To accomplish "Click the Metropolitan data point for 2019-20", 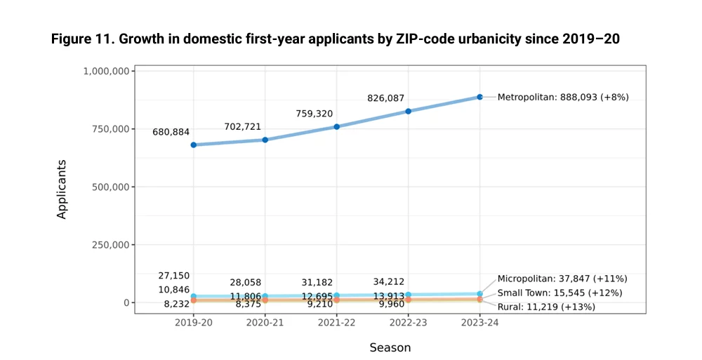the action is [194, 145].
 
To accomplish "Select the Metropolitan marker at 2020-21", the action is [265, 140].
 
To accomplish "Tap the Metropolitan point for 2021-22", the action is [337, 127].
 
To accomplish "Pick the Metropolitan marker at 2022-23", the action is [409, 111].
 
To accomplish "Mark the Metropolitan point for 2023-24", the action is [479, 97].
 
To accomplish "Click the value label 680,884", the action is [171, 132].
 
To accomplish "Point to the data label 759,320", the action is [314, 114].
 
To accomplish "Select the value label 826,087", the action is [386, 98].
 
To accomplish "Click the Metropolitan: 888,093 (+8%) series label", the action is [563, 97].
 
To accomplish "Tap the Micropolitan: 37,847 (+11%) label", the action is [562, 279].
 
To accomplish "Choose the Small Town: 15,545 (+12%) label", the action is [560, 293].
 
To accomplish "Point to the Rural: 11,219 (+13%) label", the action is [546, 307].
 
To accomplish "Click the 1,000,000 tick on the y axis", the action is [107, 71].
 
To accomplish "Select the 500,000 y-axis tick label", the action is [111, 187].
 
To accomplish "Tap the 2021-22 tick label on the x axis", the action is [337, 323].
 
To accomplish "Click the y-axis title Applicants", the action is [61, 189].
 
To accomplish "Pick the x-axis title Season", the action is [390, 347].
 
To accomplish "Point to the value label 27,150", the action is [173, 276].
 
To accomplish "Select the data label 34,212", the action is [389, 281].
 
